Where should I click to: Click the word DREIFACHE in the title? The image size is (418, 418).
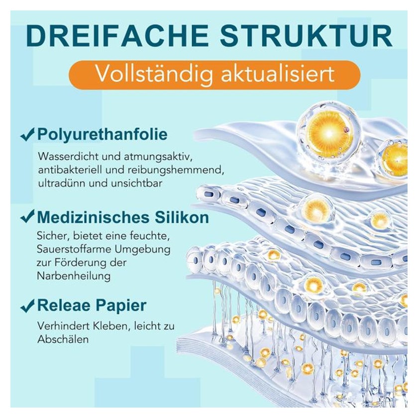click(x=117, y=35)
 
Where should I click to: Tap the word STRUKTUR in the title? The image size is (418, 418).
click(x=306, y=35)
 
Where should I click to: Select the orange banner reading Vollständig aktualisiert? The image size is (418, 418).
click(x=215, y=74)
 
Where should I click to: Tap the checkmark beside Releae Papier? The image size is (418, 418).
click(x=27, y=305)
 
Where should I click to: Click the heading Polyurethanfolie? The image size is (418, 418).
click(x=103, y=135)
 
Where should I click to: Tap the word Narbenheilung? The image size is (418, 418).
click(x=74, y=276)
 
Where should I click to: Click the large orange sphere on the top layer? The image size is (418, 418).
click(x=330, y=132)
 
